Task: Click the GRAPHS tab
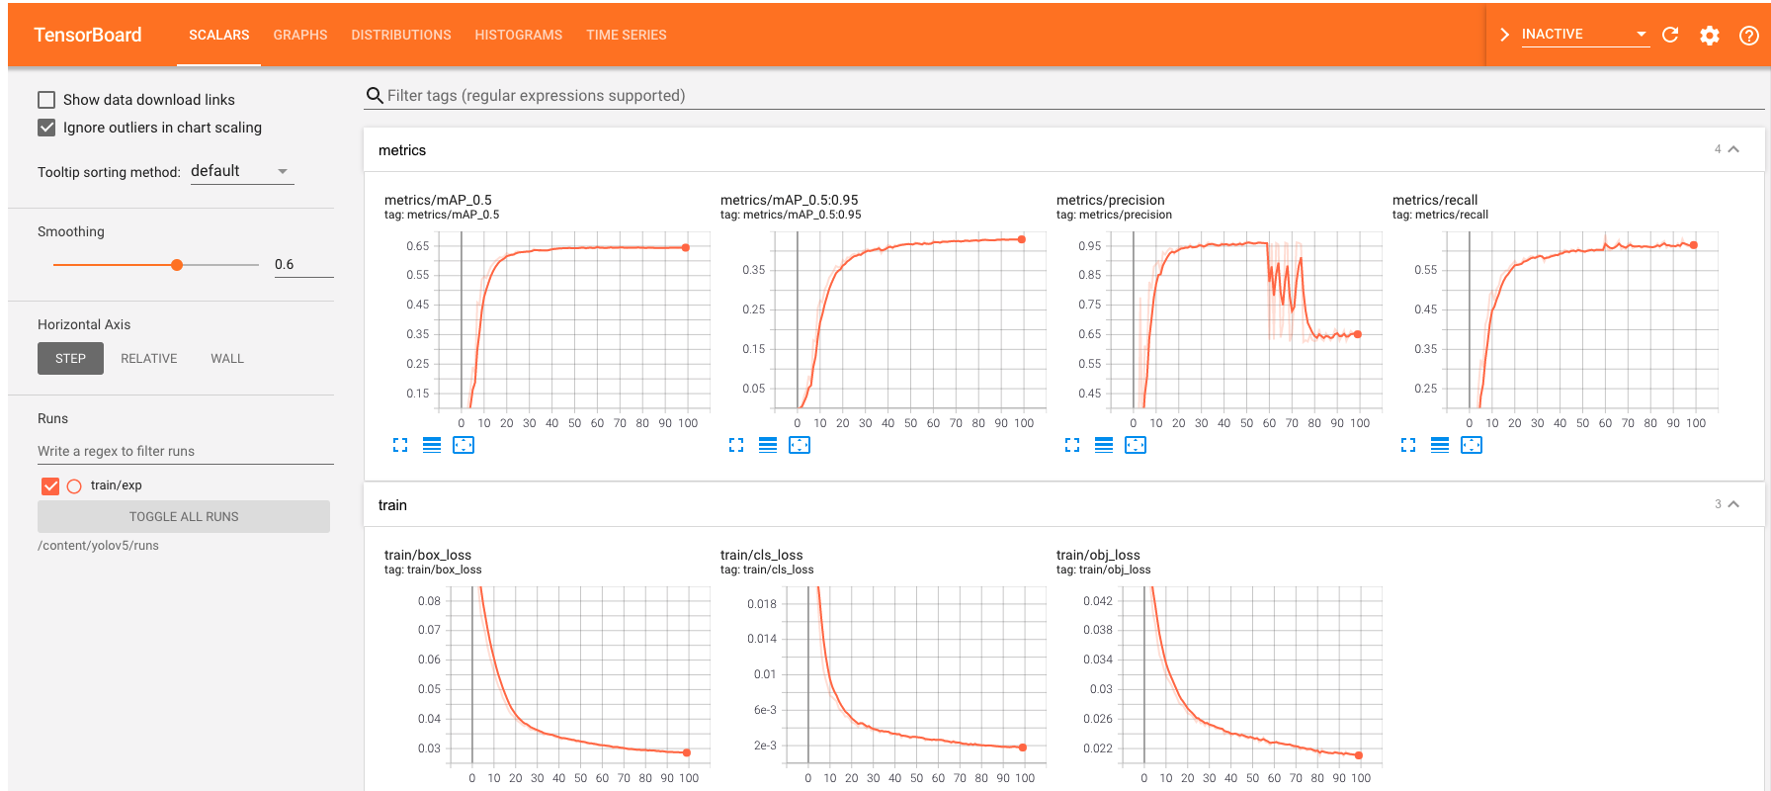[299, 35]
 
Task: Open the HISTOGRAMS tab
[518, 35]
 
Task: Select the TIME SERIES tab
[626, 35]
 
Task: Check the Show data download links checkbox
[46, 100]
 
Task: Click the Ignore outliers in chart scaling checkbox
[46, 128]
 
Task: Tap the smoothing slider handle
[177, 265]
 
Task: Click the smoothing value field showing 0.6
[302, 264]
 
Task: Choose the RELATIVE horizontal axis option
[148, 359]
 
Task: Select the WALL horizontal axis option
[226, 359]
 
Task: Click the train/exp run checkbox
[50, 485]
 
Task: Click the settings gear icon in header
[1709, 36]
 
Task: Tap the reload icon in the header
[1670, 35]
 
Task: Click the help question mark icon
[1748, 36]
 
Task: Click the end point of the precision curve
[1358, 334]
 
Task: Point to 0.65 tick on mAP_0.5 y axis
[418, 246]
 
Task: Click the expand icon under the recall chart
[1408, 446]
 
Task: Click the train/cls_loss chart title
[761, 555]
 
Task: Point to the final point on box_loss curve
[687, 752]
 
